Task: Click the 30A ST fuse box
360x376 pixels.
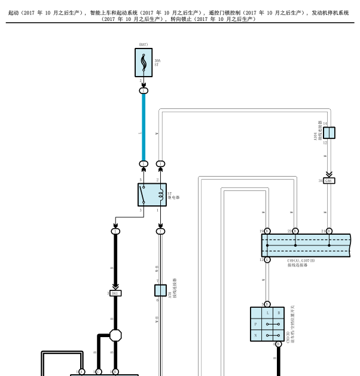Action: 144,62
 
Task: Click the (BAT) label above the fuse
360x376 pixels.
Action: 143,44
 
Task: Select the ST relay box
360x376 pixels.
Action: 152,195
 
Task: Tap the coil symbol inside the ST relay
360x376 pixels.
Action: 160,195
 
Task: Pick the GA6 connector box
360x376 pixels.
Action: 329,180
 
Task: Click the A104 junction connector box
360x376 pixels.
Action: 329,133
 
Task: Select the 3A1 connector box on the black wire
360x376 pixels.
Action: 115,293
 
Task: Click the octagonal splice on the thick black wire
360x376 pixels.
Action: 115,335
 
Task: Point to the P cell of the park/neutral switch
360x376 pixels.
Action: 255,324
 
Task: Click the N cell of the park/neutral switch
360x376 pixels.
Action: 255,335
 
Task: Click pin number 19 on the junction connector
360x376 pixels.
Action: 261,231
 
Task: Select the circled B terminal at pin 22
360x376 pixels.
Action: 295,231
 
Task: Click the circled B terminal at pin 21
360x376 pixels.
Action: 330,231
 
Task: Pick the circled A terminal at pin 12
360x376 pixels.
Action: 267,259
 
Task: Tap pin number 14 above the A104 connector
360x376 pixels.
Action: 325,123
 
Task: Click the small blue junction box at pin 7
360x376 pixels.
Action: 160,290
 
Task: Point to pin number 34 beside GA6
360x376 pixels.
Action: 321,180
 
